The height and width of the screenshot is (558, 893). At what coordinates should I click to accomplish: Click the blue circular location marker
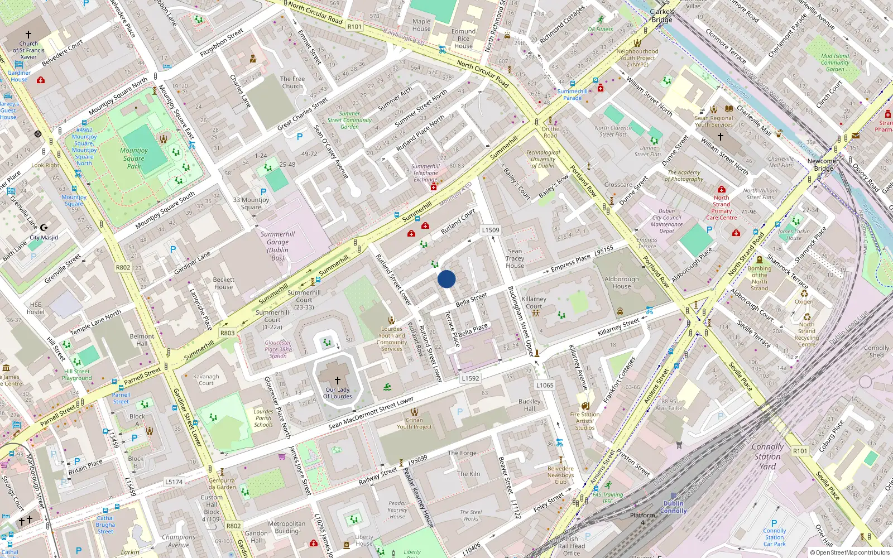pos(446,279)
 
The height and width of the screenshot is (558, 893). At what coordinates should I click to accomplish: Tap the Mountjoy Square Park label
pos(134,158)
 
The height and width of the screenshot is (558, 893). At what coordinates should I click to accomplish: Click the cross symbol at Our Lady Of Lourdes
pos(337,381)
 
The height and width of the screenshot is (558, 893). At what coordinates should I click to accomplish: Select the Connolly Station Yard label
pos(767,456)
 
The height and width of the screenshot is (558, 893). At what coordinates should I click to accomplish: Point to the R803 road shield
pos(227,333)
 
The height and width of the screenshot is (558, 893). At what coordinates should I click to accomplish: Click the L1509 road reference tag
pos(491,230)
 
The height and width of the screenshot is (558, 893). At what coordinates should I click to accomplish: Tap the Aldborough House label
pos(621,282)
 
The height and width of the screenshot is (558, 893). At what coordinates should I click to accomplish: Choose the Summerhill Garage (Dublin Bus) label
pos(277,246)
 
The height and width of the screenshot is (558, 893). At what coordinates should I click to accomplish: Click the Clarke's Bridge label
pos(662,16)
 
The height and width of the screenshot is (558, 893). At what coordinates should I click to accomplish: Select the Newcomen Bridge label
pos(823,165)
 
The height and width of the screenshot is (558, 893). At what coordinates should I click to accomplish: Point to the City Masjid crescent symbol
pos(44,228)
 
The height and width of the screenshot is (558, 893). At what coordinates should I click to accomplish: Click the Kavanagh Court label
pos(206,380)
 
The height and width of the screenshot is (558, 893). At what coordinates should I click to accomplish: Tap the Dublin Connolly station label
pos(674,507)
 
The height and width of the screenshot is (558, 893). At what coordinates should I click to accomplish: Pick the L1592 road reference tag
pos(470,378)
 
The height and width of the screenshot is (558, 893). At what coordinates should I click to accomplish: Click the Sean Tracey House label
pos(515,258)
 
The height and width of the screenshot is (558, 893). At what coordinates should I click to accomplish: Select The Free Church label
pos(292,83)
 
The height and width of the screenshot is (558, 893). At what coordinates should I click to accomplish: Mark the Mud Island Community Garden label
pos(835,62)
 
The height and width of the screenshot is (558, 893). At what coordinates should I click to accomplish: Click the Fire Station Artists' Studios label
pos(585,421)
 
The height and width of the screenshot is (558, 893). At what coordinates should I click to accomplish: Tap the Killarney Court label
pos(534,302)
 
